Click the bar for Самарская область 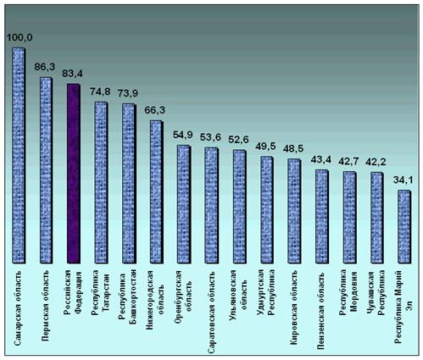tap(19, 155)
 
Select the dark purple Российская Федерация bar tap(74, 174)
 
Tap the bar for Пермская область tap(47, 170)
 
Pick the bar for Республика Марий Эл tap(404, 227)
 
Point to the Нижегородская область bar tap(156, 192)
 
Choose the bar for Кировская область tap(294, 211)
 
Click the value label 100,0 tap(19, 37)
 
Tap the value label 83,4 tap(73, 74)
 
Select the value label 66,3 tap(155, 110)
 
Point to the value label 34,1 tap(404, 180)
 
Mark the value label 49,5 tap(265, 147)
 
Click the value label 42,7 tap(348, 162)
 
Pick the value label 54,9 tap(183, 135)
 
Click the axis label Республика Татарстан tap(100, 293)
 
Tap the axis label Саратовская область tap(211, 313)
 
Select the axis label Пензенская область tap(320, 311)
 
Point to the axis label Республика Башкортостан tap(128, 296)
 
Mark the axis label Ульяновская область tap(239, 290)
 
